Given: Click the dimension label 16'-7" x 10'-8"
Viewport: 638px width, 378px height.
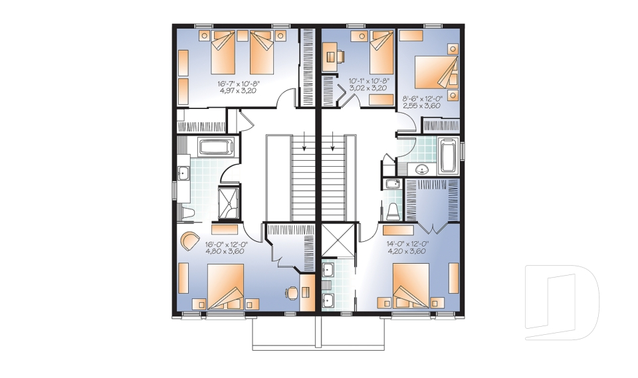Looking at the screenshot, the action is (x=238, y=84).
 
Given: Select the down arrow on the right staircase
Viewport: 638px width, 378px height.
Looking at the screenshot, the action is (x=333, y=141).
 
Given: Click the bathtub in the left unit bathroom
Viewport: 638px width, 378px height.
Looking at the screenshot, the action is (x=216, y=147).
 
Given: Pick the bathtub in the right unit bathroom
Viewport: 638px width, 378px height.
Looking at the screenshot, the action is (x=449, y=156).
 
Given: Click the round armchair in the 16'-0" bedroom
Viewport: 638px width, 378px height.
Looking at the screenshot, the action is (x=189, y=241).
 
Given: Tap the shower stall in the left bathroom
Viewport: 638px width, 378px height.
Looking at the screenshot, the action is (x=229, y=203).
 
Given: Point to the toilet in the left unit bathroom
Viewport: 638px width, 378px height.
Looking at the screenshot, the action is (x=187, y=213).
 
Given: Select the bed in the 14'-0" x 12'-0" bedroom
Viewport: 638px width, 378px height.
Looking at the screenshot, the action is (x=411, y=286).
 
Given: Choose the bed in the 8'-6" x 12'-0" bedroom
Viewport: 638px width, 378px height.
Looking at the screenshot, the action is (x=436, y=72).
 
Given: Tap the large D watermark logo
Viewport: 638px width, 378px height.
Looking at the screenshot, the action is (x=562, y=302).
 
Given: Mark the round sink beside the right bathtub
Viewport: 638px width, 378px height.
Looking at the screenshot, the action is (x=423, y=169).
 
